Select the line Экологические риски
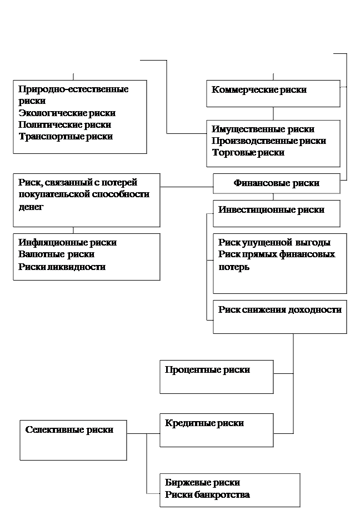(x=67, y=113)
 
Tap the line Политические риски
(x=64, y=125)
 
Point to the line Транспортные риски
(x=65, y=137)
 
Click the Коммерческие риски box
(x=273, y=93)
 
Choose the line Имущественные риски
(x=263, y=129)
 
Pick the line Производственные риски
(x=268, y=141)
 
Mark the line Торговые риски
(x=248, y=153)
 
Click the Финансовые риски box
(x=276, y=183)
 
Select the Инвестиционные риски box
(x=276, y=213)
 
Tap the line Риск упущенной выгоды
(x=274, y=243)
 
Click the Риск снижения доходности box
(x=279, y=317)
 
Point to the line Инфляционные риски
(x=67, y=243)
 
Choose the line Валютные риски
(x=56, y=254)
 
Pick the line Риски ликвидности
(x=62, y=267)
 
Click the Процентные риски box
(x=216, y=376)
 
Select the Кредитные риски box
(x=216, y=429)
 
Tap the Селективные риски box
(x=73, y=439)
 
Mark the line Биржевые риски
(x=202, y=483)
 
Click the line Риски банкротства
(x=207, y=494)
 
